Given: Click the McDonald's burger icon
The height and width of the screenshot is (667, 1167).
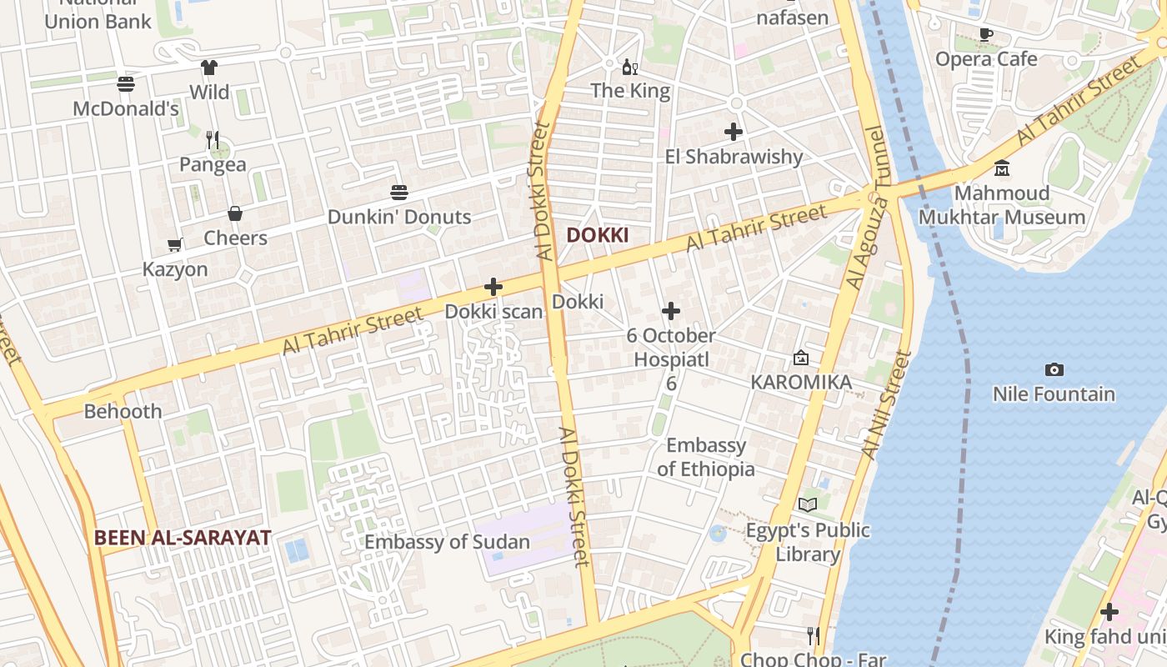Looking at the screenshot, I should tap(126, 84).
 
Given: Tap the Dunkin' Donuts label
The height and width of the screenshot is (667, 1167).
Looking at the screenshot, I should tap(399, 217).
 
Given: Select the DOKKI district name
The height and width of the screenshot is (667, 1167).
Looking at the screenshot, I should tap(598, 235).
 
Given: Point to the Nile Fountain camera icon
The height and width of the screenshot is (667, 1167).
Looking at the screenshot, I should tap(1054, 369).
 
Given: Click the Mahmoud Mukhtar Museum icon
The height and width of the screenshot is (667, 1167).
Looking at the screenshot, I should tap(1002, 168).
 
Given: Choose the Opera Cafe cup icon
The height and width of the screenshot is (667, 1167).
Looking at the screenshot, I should tap(986, 34).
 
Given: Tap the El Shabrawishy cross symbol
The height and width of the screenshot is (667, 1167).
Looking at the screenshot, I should tap(734, 132).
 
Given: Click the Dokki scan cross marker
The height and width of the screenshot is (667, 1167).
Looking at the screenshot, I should tap(493, 287).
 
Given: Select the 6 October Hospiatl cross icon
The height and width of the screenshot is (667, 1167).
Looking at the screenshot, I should tap(671, 312).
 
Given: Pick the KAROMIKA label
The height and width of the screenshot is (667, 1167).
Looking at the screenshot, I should tap(801, 382).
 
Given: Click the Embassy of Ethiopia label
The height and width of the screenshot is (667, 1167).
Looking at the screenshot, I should tap(706, 457).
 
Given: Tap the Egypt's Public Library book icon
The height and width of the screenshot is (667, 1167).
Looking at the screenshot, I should tap(808, 504).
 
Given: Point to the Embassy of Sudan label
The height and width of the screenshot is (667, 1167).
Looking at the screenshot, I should tap(448, 542).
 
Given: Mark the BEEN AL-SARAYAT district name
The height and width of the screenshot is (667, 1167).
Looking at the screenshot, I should tap(183, 538).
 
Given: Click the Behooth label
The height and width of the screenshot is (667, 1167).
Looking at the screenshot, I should tap(123, 411).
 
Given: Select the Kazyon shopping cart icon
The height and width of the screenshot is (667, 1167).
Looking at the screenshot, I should tap(175, 245).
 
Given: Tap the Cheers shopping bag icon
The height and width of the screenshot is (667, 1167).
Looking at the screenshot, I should tap(235, 214).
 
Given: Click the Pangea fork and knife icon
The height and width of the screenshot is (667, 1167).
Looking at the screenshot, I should tap(213, 139).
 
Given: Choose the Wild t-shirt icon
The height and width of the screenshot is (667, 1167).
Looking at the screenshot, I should tap(208, 68).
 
